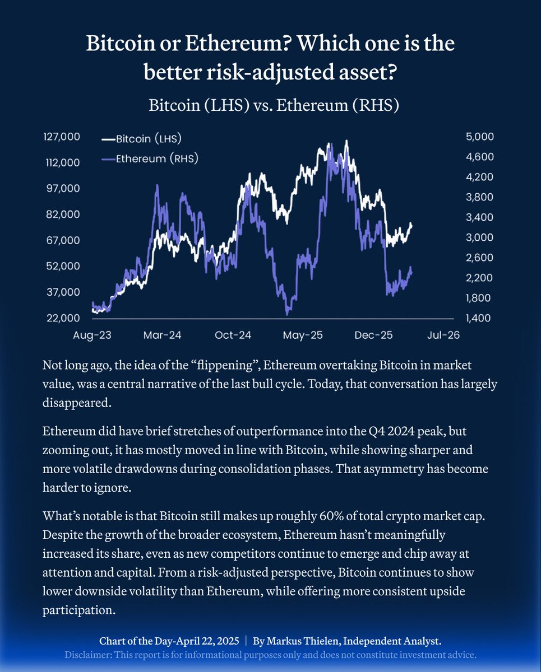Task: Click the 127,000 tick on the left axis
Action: [61, 137]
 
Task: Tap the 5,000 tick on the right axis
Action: [479, 137]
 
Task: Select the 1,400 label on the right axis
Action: [479, 318]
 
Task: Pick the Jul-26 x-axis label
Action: [443, 335]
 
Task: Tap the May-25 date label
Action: [303, 335]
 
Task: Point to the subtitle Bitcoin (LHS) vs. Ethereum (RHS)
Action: [274, 105]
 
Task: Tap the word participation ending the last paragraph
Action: [78, 609]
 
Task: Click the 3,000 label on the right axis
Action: [479, 237]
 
